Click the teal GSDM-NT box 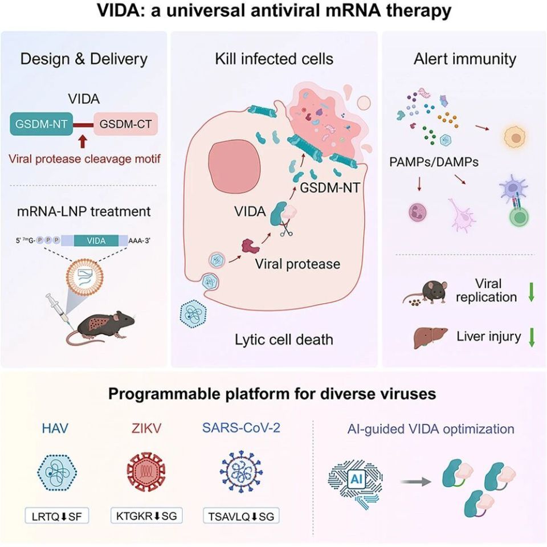tap(41, 124)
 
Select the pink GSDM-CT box tap(125, 124)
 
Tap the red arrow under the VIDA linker tap(83, 142)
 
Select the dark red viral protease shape tap(251, 246)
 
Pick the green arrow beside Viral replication tap(531, 292)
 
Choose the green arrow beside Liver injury tap(532, 337)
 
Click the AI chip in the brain tap(356, 479)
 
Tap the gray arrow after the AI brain tap(416, 482)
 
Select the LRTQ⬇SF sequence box tap(57, 516)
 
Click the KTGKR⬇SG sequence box tap(146, 516)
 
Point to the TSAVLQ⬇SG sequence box tap(241, 516)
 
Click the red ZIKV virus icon tap(146, 472)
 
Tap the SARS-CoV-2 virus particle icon tap(241, 472)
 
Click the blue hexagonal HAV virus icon tap(57, 472)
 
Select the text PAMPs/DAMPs tap(434, 162)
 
